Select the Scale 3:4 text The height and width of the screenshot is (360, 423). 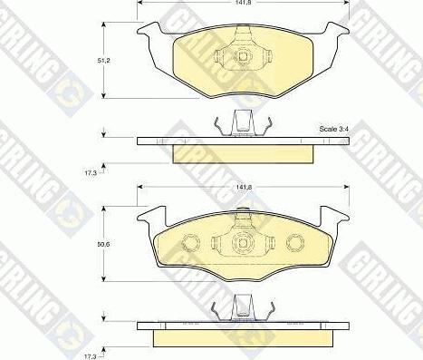334,129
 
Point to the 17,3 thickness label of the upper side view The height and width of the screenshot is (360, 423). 90,173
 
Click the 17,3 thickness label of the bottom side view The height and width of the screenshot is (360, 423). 90,356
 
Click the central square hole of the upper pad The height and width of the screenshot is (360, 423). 243,55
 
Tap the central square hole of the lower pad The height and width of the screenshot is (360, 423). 243,242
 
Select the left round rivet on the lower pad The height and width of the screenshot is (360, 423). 191,242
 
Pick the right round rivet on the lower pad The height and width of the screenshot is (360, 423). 295,242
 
